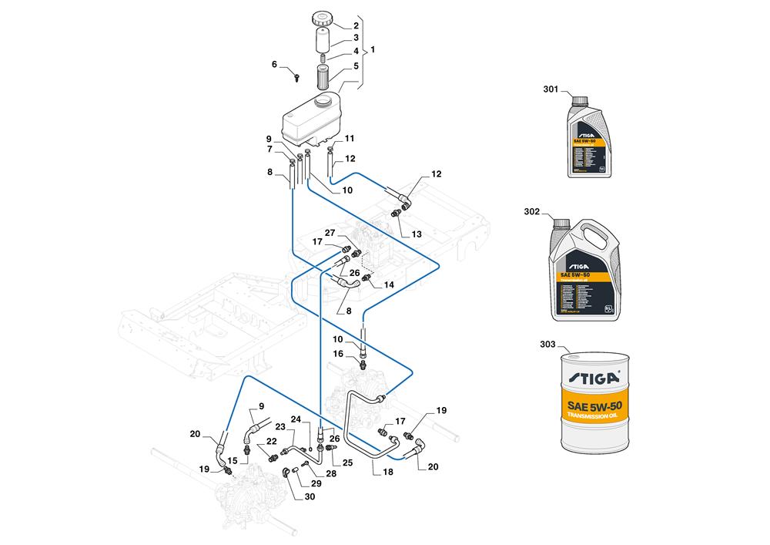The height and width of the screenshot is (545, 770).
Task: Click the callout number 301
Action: [x=551, y=90]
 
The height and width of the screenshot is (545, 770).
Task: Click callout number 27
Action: [x=330, y=233]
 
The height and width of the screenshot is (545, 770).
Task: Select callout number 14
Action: [x=389, y=284]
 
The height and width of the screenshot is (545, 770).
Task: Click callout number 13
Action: [x=417, y=234]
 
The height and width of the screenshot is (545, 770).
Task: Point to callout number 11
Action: [x=350, y=139]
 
